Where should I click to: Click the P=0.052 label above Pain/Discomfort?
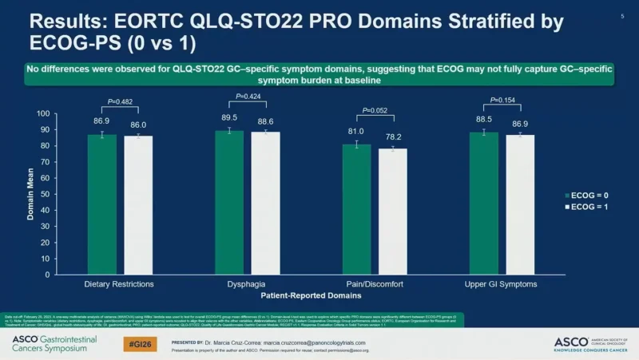click(375, 111)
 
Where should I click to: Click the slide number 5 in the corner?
click(622, 15)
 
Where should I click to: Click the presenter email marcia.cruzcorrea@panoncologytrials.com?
click(312, 340)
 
